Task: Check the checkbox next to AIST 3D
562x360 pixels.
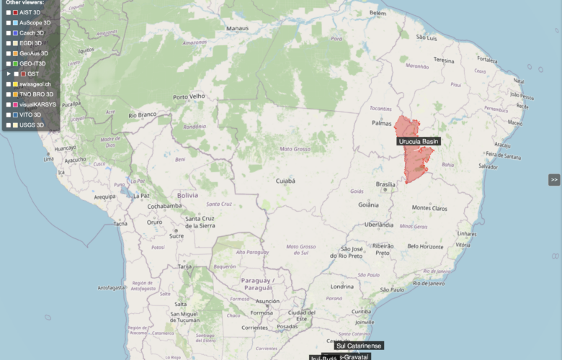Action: pyautogui.click(x=9, y=13)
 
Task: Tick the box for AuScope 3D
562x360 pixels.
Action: pyautogui.click(x=9, y=23)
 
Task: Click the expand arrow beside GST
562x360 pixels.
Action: pyautogui.click(x=8, y=74)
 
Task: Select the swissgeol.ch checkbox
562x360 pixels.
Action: pyautogui.click(x=9, y=84)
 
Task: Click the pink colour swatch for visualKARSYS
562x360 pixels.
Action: pyautogui.click(x=16, y=104)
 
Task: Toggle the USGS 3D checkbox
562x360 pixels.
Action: pyautogui.click(x=9, y=125)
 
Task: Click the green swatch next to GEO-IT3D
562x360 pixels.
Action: pyautogui.click(x=16, y=64)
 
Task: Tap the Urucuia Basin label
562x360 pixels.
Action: pyautogui.click(x=418, y=141)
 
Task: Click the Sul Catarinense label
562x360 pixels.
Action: pyautogui.click(x=359, y=346)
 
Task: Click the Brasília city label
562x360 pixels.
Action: pyautogui.click(x=386, y=184)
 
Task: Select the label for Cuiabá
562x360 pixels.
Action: pyautogui.click(x=286, y=181)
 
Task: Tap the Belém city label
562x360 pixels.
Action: pyautogui.click(x=378, y=13)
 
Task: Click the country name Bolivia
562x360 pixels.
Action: pyautogui.click(x=187, y=194)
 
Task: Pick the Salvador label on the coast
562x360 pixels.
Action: pyautogui.click(x=488, y=166)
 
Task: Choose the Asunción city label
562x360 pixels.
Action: pyautogui.click(x=267, y=301)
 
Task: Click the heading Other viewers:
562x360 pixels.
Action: pyautogui.click(x=24, y=3)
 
